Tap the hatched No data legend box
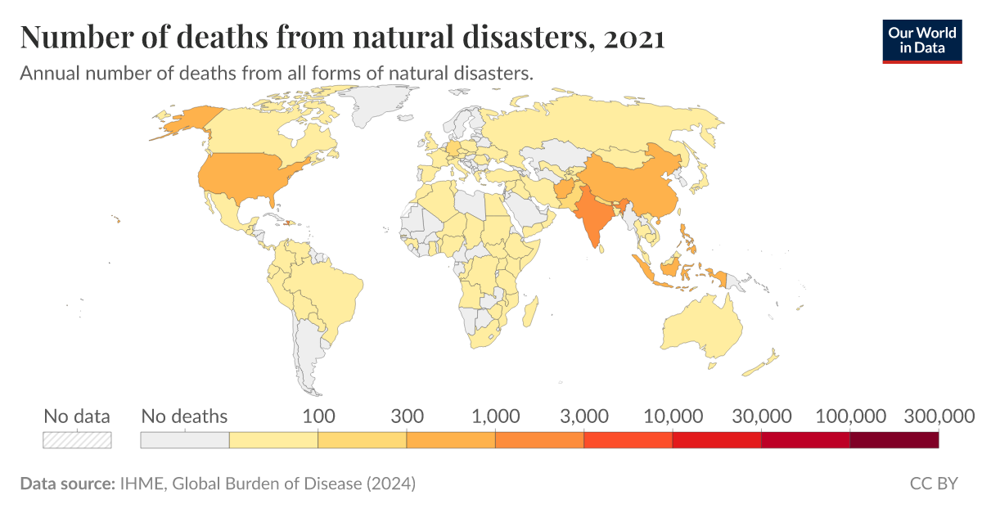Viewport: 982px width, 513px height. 77,440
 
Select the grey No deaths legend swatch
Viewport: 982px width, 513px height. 185,440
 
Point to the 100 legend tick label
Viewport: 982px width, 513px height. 318,416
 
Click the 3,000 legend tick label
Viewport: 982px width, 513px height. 583,416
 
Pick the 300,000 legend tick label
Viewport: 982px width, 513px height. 938,416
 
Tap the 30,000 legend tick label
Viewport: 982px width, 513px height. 761,416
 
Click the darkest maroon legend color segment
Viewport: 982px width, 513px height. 894,440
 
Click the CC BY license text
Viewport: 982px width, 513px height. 934,484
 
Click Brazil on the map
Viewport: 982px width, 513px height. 327,286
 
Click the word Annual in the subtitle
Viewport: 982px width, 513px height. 47,73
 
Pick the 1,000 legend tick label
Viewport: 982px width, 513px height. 495,416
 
